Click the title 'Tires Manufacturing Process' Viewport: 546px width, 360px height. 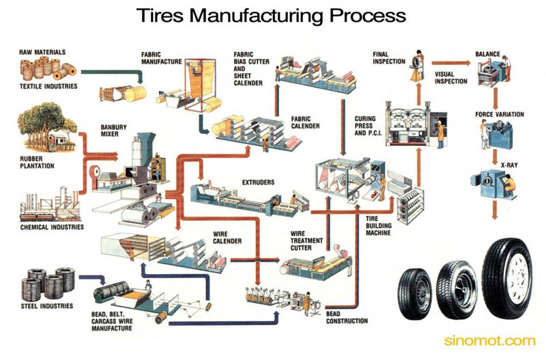click(272, 14)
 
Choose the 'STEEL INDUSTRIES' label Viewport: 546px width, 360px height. click(46, 305)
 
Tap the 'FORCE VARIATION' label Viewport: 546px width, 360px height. click(500, 114)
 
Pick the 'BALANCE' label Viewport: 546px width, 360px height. click(488, 53)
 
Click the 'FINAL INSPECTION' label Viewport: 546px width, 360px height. click(389, 57)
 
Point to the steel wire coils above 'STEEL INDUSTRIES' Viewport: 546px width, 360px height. click(48, 283)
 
